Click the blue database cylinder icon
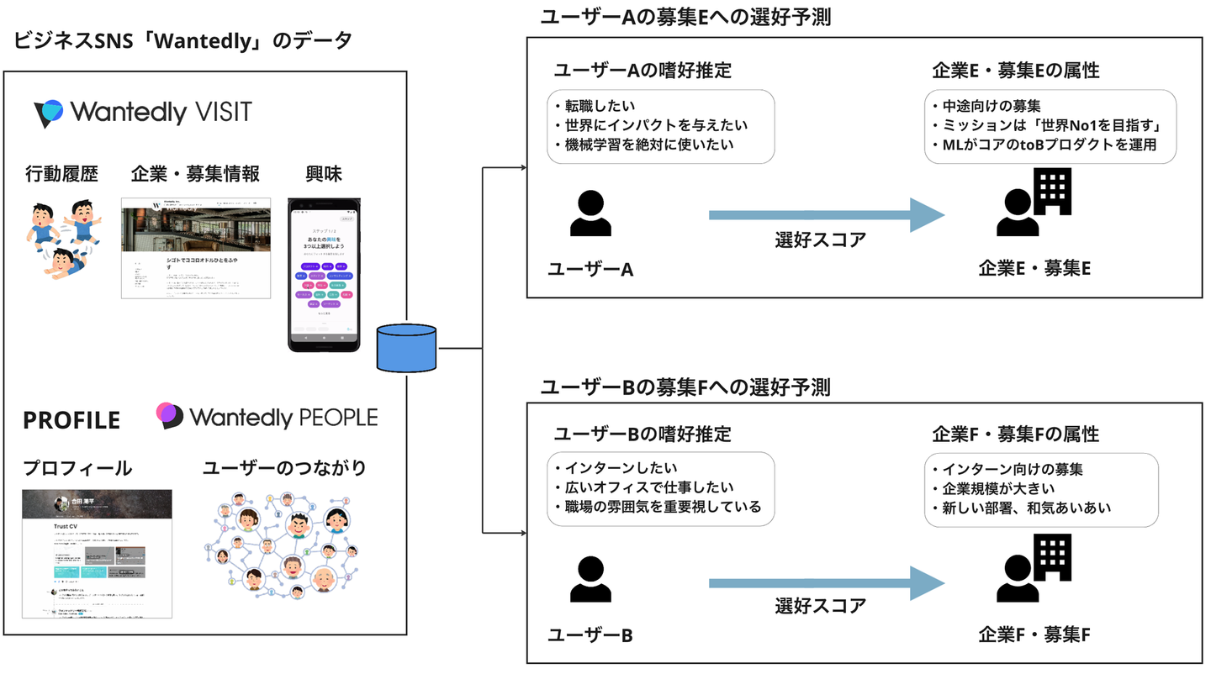coord(407,347)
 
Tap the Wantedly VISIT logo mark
coord(48,113)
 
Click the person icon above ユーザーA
coord(590,213)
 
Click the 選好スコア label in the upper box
coord(820,240)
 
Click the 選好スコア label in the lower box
coord(820,605)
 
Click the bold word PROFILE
coord(71,420)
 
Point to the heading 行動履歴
coord(61,174)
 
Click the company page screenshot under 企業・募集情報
coord(196,247)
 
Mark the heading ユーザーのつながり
coord(284,468)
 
